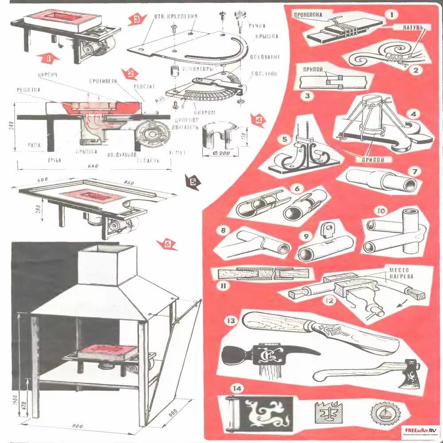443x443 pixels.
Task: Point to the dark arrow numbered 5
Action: (193, 182)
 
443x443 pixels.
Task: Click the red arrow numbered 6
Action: (167, 244)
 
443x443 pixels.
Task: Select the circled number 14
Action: (237, 389)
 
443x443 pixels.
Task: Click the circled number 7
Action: (414, 171)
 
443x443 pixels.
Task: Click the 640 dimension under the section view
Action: (93, 167)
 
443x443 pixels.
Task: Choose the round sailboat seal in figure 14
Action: (382, 413)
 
